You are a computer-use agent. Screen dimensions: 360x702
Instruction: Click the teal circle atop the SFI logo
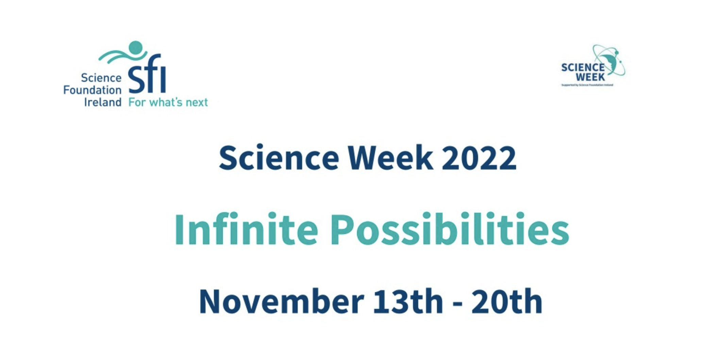[x=136, y=48]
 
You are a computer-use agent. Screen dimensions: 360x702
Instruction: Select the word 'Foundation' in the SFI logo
[x=92, y=90]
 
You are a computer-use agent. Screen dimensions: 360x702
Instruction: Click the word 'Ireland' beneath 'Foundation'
[x=102, y=102]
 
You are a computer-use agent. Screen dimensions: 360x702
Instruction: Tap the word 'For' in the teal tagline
[x=137, y=102]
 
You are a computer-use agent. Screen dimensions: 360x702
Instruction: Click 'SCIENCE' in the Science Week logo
[x=583, y=68]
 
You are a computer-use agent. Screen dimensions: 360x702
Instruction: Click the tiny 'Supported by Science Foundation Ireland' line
[x=587, y=85]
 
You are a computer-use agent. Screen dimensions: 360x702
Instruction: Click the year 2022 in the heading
[x=479, y=158]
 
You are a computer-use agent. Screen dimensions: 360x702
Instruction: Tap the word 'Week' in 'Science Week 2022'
[x=390, y=158]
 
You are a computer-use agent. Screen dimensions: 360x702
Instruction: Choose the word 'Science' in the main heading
[x=279, y=158]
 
